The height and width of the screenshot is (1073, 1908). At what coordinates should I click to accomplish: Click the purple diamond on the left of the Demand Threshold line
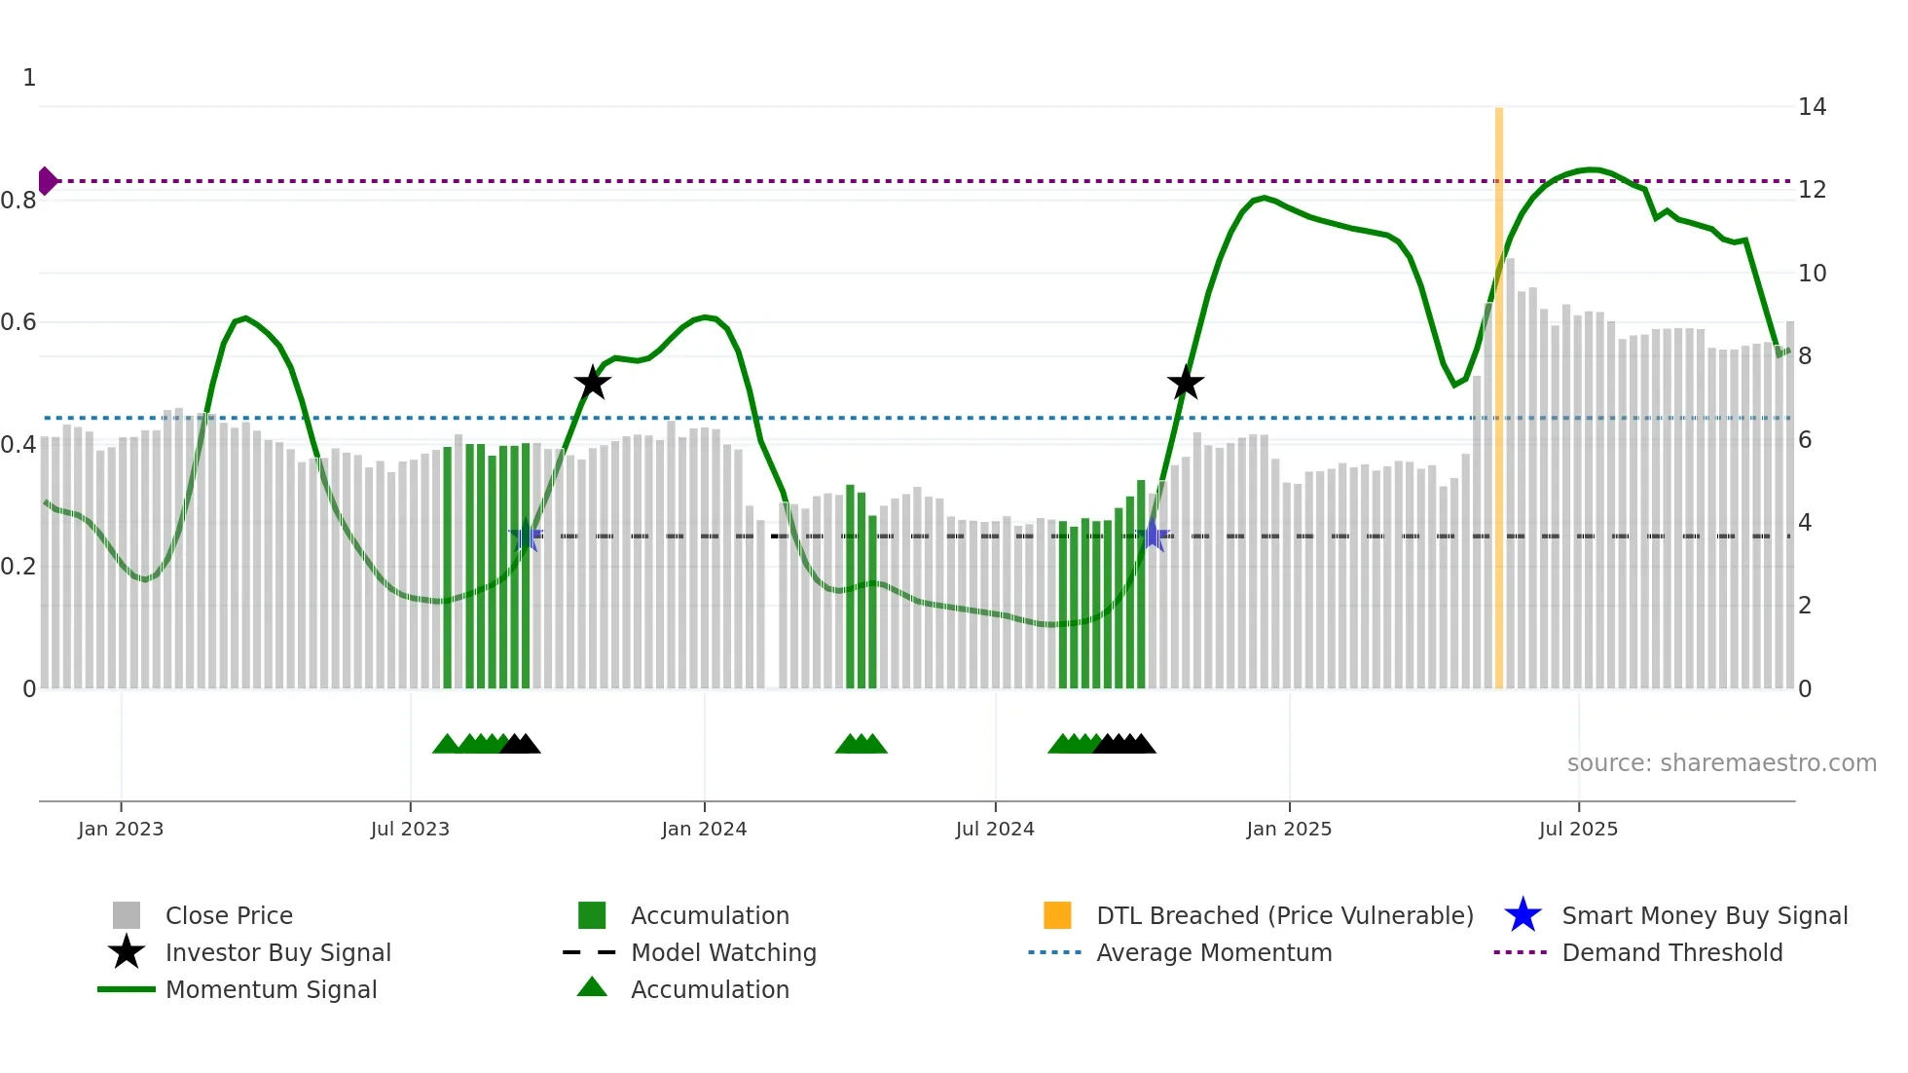(x=47, y=181)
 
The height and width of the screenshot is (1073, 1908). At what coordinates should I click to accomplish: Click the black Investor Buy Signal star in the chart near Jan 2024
(x=592, y=383)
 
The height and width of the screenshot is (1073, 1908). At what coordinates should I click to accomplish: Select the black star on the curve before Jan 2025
(x=1185, y=383)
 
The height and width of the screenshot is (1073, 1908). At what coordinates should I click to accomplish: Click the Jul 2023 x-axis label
(x=410, y=829)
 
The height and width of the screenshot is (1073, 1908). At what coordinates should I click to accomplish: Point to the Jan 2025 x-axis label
(x=1289, y=829)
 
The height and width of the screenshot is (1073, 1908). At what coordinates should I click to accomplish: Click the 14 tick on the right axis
(x=1812, y=107)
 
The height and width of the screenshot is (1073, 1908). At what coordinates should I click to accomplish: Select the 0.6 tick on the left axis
(x=19, y=322)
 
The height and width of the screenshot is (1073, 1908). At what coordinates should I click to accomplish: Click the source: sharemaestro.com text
(x=1721, y=763)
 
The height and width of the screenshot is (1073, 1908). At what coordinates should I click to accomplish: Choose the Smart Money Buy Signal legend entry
(x=1704, y=915)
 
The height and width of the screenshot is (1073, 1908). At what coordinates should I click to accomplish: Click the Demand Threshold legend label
(x=1671, y=952)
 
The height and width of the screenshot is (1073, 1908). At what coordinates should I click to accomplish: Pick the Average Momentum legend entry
(x=1213, y=952)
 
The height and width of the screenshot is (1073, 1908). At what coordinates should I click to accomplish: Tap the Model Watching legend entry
(x=722, y=952)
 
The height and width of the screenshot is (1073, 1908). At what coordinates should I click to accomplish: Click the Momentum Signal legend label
(x=271, y=989)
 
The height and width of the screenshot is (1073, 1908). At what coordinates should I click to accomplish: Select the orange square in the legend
(x=1057, y=915)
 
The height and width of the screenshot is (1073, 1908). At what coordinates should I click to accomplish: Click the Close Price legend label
(x=229, y=915)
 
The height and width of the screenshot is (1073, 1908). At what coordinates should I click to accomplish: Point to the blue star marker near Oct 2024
(x=1154, y=536)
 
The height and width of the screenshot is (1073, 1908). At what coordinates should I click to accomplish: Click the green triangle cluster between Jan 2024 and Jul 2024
(x=862, y=744)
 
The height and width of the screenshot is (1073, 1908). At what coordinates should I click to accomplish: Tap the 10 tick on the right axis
(x=1812, y=274)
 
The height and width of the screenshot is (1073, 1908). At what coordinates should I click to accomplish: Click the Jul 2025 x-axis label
(x=1578, y=829)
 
